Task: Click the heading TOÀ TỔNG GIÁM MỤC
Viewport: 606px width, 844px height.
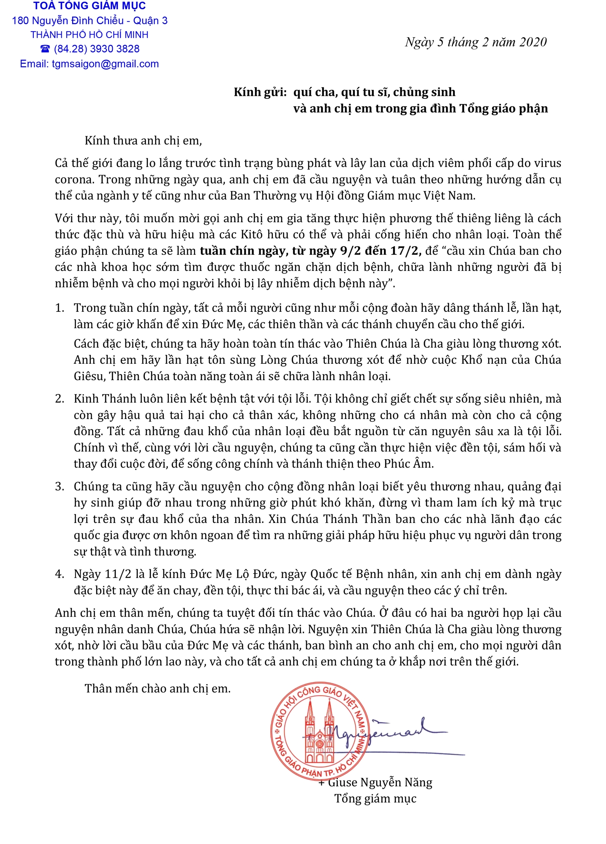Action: pyautogui.click(x=90, y=6)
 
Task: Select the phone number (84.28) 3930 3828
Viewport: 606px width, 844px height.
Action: pyautogui.click(x=97, y=49)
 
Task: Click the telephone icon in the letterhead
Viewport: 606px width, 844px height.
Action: pyautogui.click(x=45, y=49)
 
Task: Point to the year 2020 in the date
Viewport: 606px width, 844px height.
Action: pyautogui.click(x=533, y=42)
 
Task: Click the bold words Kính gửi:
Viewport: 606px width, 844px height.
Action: pyautogui.click(x=260, y=92)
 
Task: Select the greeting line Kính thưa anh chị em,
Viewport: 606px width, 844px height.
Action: pyautogui.click(x=143, y=141)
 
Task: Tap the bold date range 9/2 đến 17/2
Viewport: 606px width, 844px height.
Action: pyautogui.click(x=380, y=251)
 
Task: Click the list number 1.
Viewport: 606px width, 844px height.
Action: pyautogui.click(x=59, y=308)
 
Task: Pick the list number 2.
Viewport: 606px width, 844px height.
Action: pyautogui.click(x=59, y=399)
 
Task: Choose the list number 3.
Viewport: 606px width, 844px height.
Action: pyautogui.click(x=59, y=487)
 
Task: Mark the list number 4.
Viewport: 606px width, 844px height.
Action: pyautogui.click(x=59, y=574)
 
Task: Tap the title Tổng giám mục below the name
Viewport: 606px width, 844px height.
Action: pyautogui.click(x=375, y=799)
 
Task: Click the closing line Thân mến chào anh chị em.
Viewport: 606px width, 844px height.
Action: pyautogui.click(x=158, y=689)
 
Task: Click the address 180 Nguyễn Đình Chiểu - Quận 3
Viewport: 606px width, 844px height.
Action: pyautogui.click(x=90, y=21)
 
